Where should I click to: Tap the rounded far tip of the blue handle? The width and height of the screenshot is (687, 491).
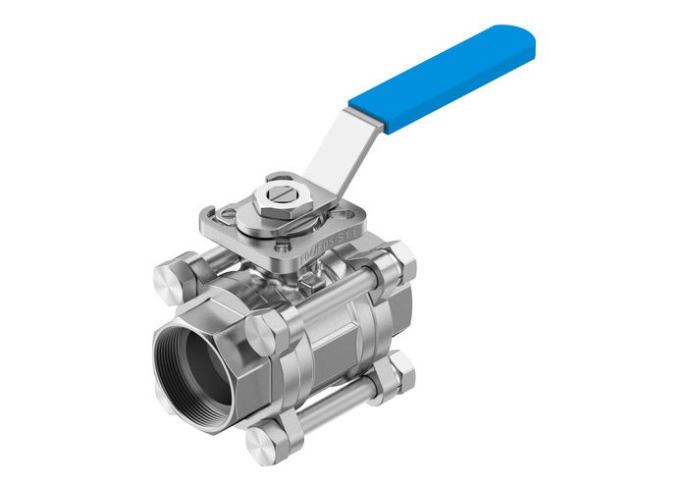(x=525, y=38)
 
